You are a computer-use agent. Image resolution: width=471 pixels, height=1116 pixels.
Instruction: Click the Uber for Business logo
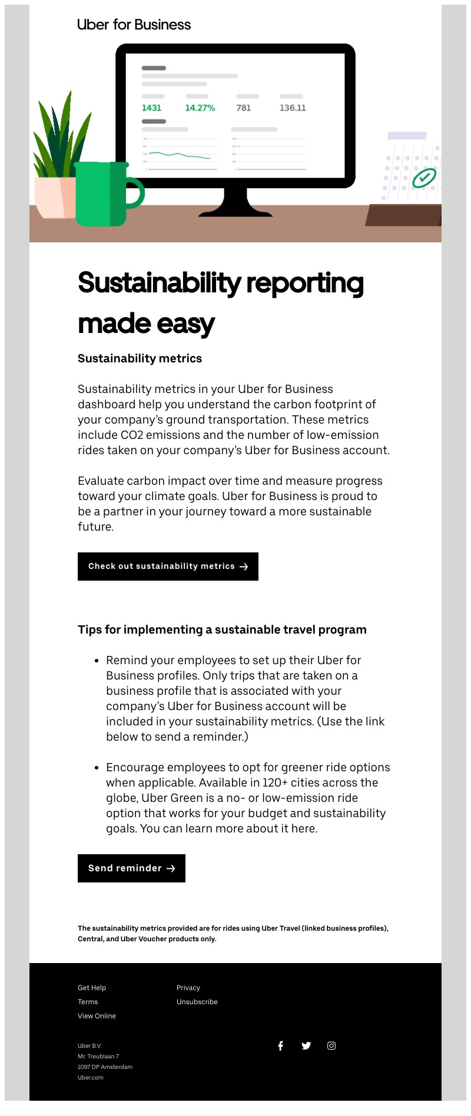[x=134, y=25]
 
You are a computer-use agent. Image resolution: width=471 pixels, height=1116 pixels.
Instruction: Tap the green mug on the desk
[x=101, y=194]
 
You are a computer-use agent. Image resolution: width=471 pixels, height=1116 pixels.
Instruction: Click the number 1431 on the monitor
[x=151, y=108]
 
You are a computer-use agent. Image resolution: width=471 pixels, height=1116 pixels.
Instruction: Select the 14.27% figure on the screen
[x=200, y=108]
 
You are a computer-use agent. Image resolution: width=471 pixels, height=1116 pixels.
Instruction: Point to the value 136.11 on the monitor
[x=293, y=108]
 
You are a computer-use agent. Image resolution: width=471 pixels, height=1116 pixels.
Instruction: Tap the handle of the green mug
[x=136, y=194]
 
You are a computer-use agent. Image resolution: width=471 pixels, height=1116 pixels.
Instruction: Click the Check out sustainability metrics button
[x=168, y=567]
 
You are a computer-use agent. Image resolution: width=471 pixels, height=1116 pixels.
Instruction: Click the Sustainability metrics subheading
[x=140, y=358]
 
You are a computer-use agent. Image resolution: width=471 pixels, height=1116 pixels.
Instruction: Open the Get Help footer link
[x=92, y=988]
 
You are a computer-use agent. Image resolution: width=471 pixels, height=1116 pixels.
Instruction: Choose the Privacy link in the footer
[x=188, y=988]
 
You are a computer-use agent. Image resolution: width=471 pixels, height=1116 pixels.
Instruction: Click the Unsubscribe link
[x=197, y=1002]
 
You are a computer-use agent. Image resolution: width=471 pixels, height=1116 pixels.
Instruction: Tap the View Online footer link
[x=97, y=1016]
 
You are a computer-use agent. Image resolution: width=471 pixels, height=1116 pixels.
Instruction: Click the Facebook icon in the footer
[x=281, y=1045]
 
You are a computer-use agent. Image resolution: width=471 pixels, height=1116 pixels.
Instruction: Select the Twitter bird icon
[x=306, y=1045]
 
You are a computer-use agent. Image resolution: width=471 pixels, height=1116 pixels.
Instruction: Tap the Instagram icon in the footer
[x=331, y=1045]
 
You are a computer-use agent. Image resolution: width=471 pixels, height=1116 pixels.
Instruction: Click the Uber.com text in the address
[x=91, y=1078]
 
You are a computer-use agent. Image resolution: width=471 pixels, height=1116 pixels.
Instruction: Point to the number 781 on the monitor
[x=244, y=108]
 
